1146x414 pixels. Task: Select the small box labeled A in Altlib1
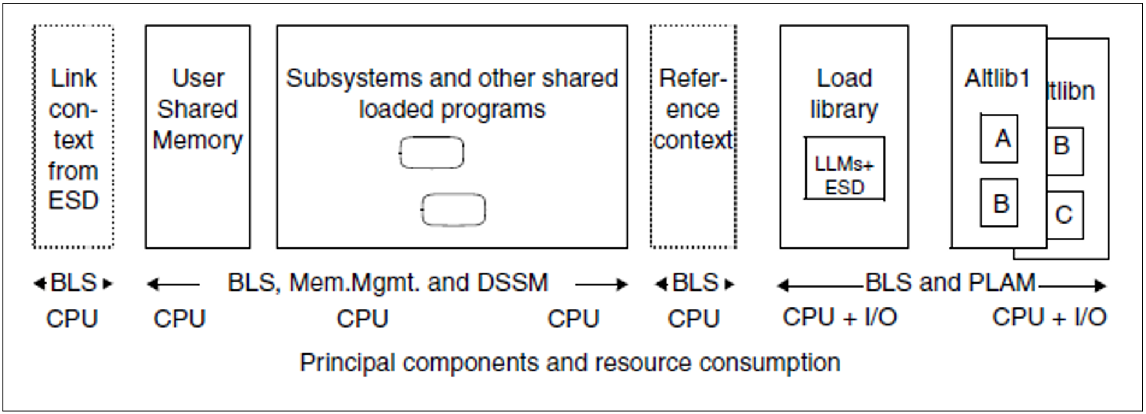(x=999, y=139)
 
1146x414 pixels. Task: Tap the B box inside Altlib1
(x=999, y=203)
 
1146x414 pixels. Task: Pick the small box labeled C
(x=1064, y=215)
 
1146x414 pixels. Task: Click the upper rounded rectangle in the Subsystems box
(x=431, y=153)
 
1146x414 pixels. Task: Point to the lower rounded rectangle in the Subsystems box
(x=453, y=210)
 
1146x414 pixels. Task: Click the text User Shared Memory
(x=197, y=109)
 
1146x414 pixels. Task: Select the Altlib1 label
(x=998, y=78)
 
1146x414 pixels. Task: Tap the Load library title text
(x=844, y=94)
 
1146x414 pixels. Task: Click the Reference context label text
(x=693, y=109)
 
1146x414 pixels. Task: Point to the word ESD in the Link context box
(x=73, y=201)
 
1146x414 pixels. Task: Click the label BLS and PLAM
(x=950, y=283)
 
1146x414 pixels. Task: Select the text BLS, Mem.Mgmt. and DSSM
(x=388, y=283)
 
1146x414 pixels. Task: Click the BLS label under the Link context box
(x=73, y=283)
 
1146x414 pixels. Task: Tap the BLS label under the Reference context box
(x=695, y=283)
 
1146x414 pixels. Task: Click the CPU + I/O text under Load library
(x=839, y=317)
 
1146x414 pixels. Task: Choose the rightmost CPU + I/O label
(x=1049, y=317)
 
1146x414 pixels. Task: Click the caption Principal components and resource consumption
(x=570, y=363)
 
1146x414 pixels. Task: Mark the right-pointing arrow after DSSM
(x=602, y=284)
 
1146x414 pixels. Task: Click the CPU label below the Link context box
(x=72, y=319)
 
